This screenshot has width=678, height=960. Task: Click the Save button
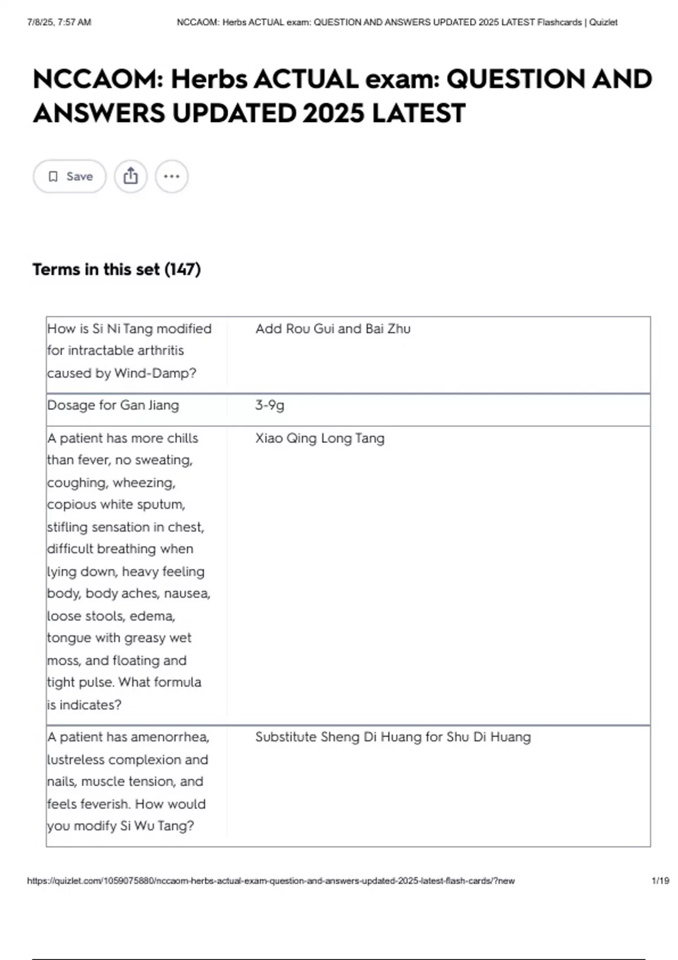(x=69, y=176)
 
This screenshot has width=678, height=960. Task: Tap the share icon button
(x=131, y=176)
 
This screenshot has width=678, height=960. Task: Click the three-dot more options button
(x=171, y=176)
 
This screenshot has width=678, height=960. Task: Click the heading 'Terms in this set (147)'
(x=116, y=269)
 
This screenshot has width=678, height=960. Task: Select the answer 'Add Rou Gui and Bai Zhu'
(x=333, y=329)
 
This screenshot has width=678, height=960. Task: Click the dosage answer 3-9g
(x=270, y=405)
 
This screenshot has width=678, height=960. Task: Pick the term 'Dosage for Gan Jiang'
(x=113, y=405)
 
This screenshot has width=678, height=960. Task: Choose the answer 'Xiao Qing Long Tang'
(x=320, y=438)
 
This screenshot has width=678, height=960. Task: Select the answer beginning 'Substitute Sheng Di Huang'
(x=393, y=737)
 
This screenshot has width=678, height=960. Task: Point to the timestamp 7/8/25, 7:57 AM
(x=59, y=23)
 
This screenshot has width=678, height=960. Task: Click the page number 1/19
(x=660, y=880)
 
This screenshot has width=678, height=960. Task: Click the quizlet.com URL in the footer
(x=271, y=880)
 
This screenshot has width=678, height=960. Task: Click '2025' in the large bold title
(x=333, y=113)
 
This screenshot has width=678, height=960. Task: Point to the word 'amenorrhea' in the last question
(x=176, y=737)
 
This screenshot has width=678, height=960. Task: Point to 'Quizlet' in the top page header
(x=603, y=23)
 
